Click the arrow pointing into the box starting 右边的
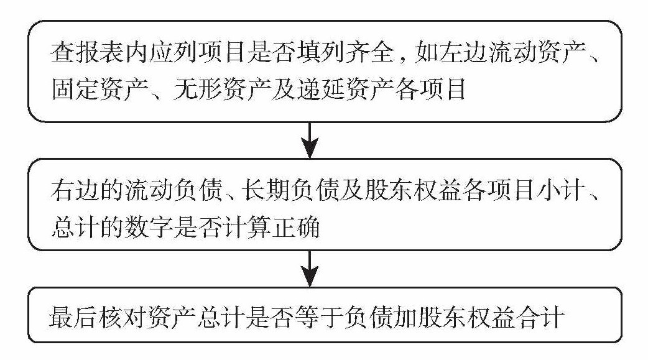[309, 140]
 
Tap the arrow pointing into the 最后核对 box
[309, 269]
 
